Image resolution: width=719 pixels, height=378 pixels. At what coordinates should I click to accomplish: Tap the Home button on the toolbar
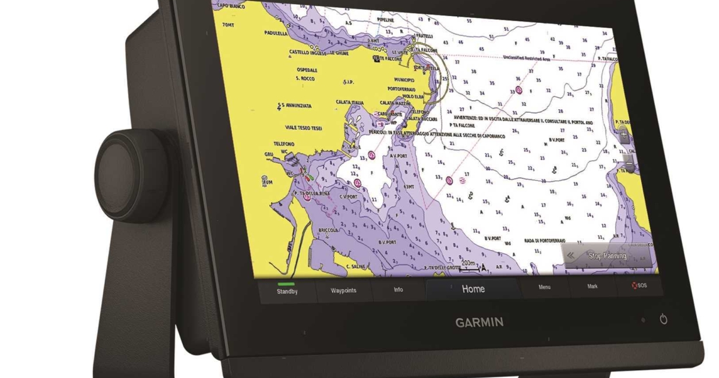473,289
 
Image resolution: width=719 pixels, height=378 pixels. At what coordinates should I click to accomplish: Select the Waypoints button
343,290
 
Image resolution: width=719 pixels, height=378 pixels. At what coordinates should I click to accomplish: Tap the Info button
398,290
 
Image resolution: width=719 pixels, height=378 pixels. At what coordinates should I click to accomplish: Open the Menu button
544,287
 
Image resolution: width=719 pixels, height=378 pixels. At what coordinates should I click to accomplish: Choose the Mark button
592,287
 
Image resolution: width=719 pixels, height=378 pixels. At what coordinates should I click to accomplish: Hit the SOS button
639,286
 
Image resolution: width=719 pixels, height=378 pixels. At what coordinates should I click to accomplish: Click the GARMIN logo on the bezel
479,322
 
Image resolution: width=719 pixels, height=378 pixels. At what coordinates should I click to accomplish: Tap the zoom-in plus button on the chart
624,135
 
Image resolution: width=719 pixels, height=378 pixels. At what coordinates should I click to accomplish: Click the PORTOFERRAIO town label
410,88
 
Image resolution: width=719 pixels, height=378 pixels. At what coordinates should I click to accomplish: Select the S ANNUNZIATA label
297,106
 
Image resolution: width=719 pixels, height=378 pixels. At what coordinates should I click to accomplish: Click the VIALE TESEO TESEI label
304,127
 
